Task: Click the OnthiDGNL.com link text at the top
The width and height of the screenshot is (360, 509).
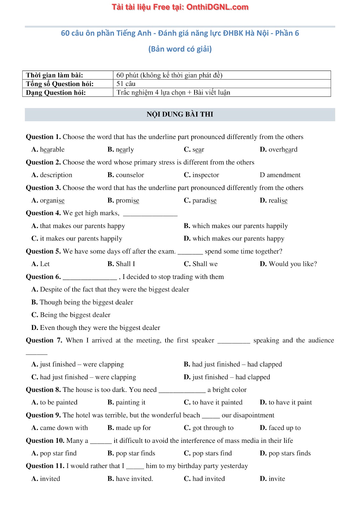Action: pyautogui.click(x=217, y=7)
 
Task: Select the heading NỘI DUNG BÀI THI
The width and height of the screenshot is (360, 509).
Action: pyautogui.click(x=180, y=115)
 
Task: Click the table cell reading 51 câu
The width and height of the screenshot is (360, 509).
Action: pyautogui.click(x=126, y=84)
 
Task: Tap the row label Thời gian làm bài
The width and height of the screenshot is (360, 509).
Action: pyautogui.click(x=54, y=75)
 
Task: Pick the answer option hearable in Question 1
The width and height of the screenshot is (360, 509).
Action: pyautogui.click(x=52, y=150)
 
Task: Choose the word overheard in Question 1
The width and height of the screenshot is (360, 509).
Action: pyautogui.click(x=283, y=150)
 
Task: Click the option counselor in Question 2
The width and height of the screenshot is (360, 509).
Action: pyautogui.click(x=130, y=175)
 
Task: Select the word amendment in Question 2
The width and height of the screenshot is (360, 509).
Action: pyautogui.click(x=283, y=175)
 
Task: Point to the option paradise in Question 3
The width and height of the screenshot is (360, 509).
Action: pyautogui.click(x=204, y=200)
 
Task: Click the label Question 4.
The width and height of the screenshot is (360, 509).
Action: pyautogui.click(x=43, y=213)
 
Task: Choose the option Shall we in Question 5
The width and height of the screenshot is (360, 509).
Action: pyautogui.click(x=205, y=264)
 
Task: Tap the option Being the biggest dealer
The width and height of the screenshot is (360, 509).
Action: pyautogui.click(x=75, y=315)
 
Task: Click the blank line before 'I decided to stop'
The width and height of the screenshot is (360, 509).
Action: pyautogui.click(x=90, y=278)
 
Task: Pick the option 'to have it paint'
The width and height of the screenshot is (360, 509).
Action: pyautogui.click(x=290, y=402)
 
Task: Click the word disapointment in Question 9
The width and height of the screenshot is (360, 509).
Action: pyautogui.click(x=248, y=415)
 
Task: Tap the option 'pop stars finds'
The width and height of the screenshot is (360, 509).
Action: pyautogui.click(x=289, y=453)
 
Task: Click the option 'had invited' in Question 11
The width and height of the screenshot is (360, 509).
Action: pyautogui.click(x=208, y=479)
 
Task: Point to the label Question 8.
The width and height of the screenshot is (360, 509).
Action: pyautogui.click(x=43, y=390)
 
